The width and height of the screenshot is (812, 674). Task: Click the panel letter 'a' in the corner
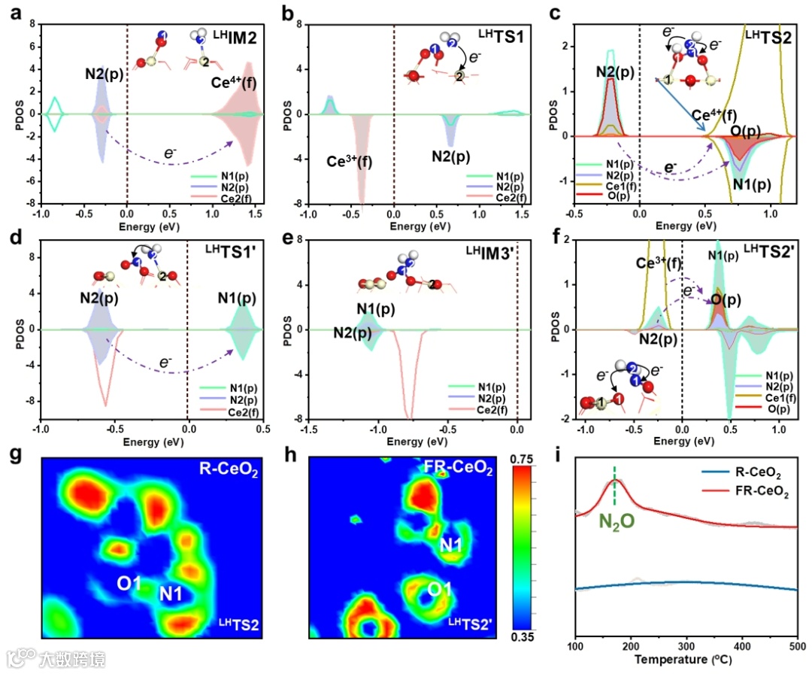click(12, 12)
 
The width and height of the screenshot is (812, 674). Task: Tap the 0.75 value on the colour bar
click(527, 458)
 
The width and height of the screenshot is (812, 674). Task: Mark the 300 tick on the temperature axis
click(687, 647)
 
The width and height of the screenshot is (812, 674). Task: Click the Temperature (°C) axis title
click(686, 661)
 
